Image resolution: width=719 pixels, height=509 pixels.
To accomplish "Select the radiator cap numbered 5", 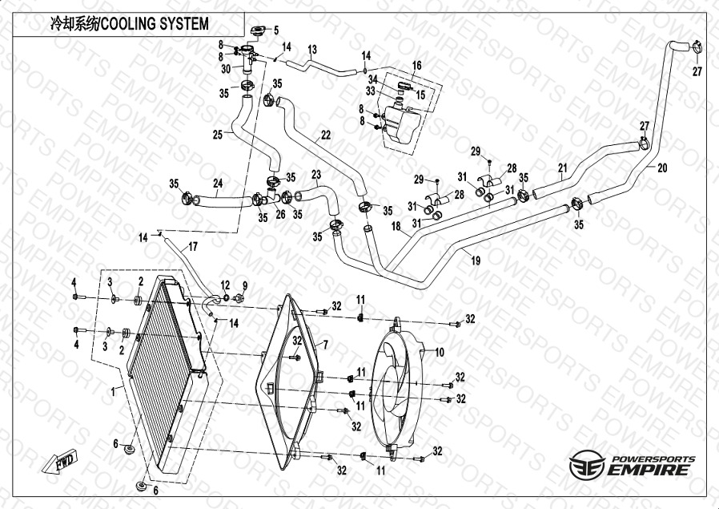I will pyautogui.click(x=259, y=31).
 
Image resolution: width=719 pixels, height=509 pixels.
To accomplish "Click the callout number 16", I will pyautogui.click(x=416, y=65).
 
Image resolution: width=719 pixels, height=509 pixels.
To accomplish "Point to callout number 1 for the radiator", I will pyautogui.click(x=115, y=390).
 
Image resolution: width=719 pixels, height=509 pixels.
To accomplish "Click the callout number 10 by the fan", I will pyautogui.click(x=439, y=352).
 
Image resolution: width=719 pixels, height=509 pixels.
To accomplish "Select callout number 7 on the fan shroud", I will pyautogui.click(x=326, y=345).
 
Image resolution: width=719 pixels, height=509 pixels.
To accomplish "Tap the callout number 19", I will pyautogui.click(x=476, y=260).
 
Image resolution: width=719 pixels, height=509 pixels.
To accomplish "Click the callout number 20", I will pyautogui.click(x=662, y=168).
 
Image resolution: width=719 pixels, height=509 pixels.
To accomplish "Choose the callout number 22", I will pyautogui.click(x=326, y=135).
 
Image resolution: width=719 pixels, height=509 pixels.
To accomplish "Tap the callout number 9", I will pyautogui.click(x=244, y=285).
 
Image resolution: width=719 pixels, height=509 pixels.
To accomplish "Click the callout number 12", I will pyautogui.click(x=225, y=285).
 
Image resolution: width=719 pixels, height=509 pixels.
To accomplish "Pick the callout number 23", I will pyautogui.click(x=315, y=175).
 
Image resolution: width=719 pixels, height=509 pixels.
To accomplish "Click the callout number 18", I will pyautogui.click(x=396, y=227).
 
